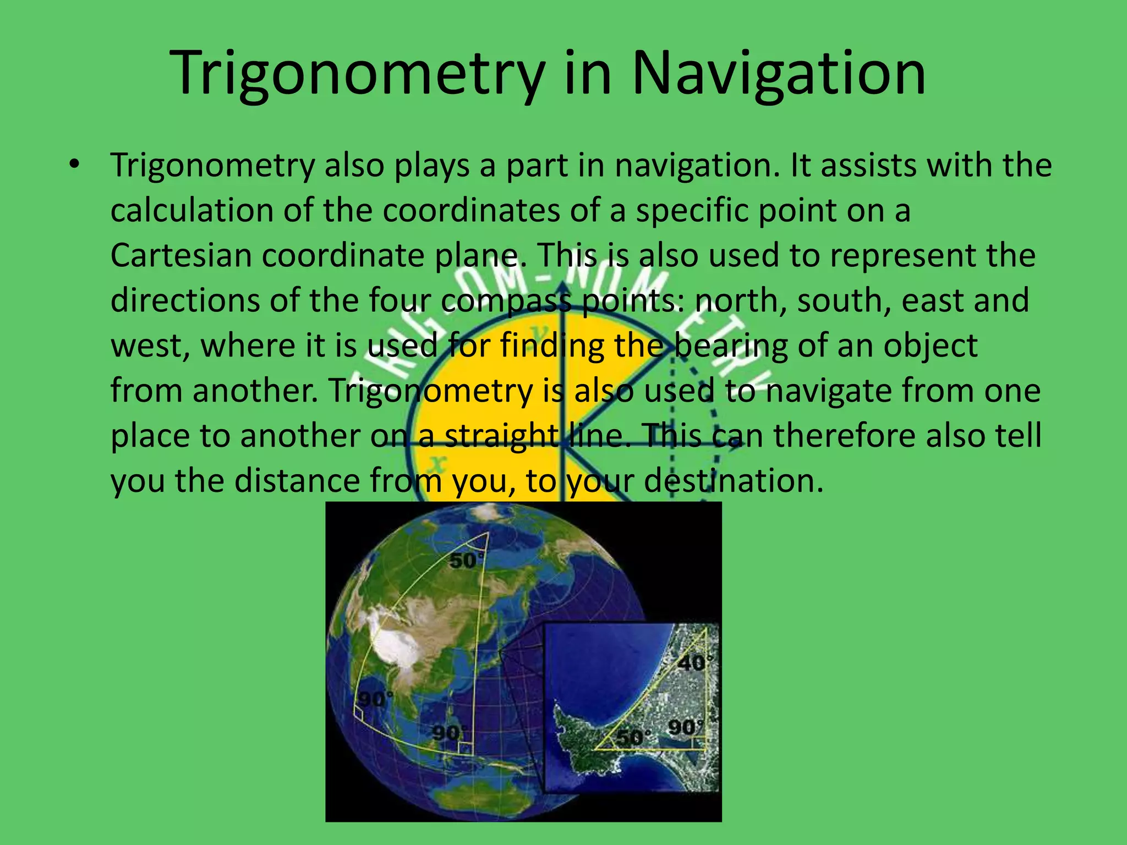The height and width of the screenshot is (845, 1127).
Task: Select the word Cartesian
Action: click(x=180, y=255)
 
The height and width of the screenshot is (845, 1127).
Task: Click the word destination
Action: click(x=734, y=480)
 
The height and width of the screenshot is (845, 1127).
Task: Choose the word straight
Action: click(x=501, y=436)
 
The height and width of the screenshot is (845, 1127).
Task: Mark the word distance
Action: click(x=297, y=480)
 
